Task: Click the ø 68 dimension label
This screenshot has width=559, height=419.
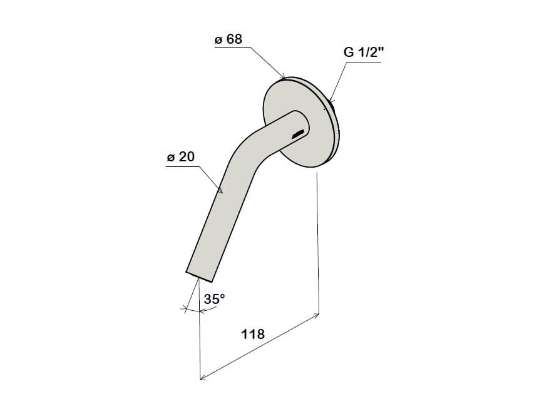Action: (228, 39)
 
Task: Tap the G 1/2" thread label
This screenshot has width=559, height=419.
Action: (364, 52)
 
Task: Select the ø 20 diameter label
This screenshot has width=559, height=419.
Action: (180, 157)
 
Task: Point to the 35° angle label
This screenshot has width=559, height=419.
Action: (214, 299)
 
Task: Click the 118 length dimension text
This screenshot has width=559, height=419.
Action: (253, 334)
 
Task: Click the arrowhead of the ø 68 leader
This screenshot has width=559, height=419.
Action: (283, 76)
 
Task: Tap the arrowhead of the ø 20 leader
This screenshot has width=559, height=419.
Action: (220, 190)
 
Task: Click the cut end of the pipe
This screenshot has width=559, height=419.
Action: (200, 277)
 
